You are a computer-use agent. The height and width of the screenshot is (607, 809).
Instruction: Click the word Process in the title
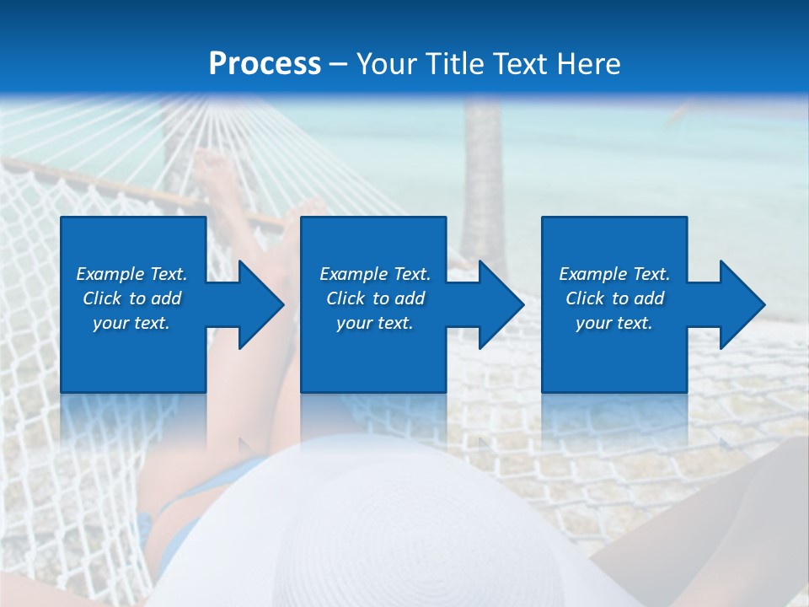pos(265,64)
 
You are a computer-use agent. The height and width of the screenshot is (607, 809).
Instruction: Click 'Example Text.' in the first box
pos(131,274)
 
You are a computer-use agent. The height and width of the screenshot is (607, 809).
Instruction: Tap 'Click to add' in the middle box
pos(375,298)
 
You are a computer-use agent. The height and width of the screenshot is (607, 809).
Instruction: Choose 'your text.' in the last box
pos(613,323)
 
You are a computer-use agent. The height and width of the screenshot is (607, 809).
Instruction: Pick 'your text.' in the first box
pos(131,323)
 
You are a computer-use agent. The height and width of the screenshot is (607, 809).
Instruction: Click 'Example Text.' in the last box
pos(614,274)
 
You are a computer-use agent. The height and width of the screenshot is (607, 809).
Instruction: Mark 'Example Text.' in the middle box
pos(375,274)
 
